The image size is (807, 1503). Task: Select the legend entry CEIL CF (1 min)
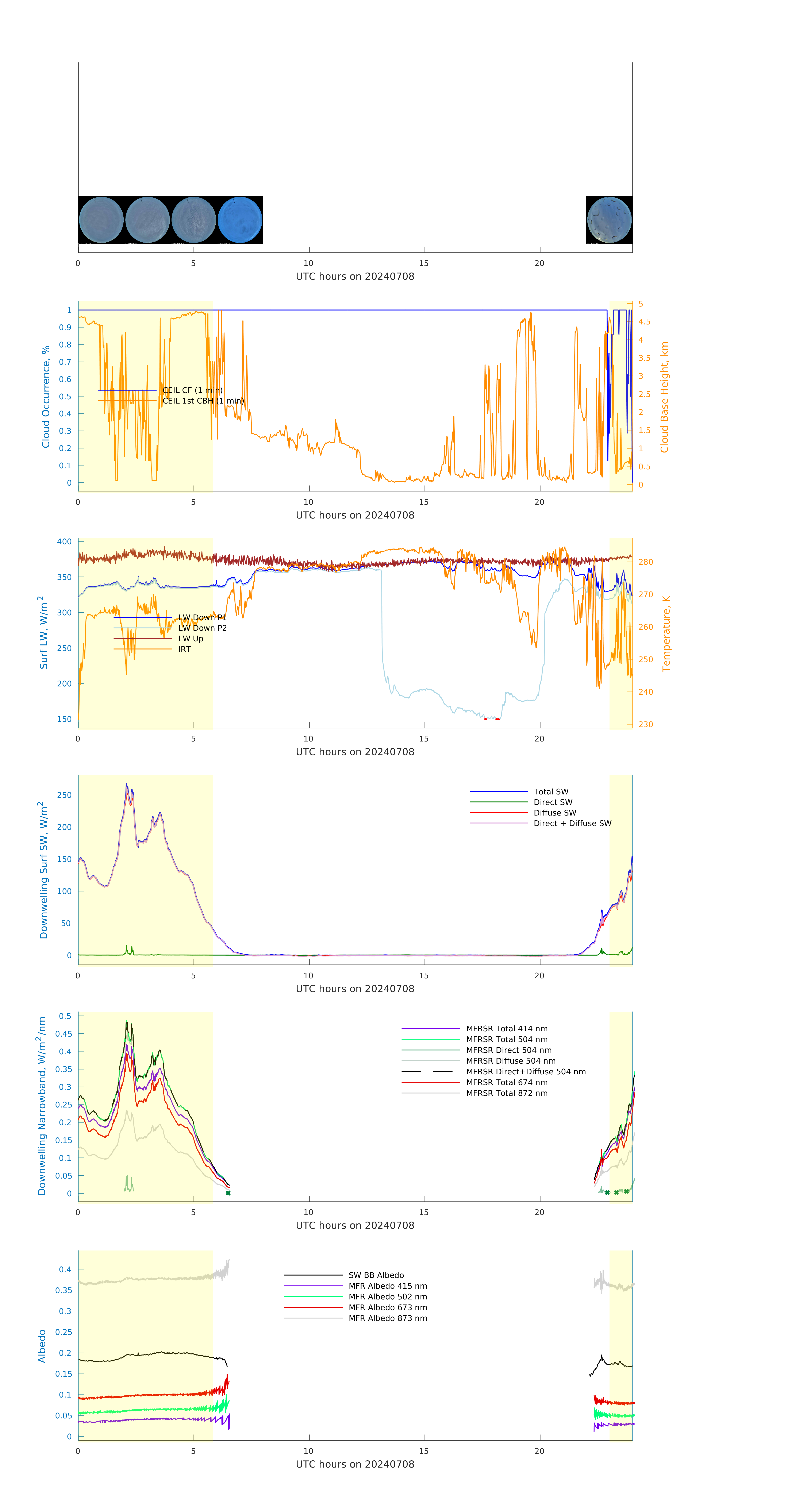coord(192,390)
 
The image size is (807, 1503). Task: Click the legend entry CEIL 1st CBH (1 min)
coord(203,401)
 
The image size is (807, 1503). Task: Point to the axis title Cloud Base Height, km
coord(664,397)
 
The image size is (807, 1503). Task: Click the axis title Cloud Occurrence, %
coord(46,397)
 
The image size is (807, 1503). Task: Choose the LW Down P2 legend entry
coord(202,628)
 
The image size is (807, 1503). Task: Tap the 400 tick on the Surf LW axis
coord(64,542)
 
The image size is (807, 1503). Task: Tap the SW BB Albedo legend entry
coord(376,1275)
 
